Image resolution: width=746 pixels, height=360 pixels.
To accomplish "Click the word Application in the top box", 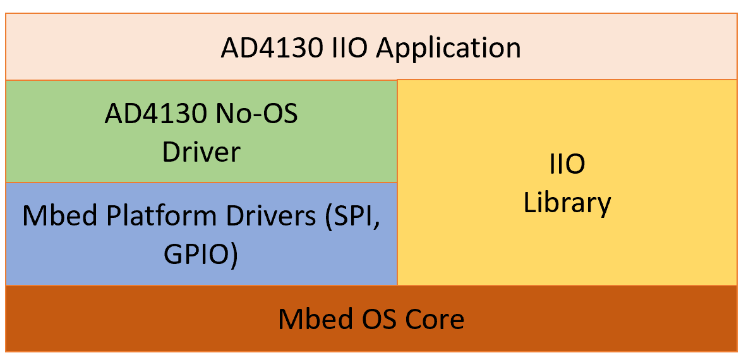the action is (448, 49).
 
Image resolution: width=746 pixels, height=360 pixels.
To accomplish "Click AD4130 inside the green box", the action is (152, 116).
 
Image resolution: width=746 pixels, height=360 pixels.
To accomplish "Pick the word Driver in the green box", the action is (202, 153).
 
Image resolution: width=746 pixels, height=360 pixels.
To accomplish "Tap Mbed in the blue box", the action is (63, 217).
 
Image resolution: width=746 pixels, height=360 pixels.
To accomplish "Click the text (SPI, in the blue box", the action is (352, 218).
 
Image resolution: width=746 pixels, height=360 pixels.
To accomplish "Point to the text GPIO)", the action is (200, 255).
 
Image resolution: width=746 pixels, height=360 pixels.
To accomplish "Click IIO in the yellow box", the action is (567, 165).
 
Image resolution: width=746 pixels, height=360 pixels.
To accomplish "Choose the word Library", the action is (567, 203).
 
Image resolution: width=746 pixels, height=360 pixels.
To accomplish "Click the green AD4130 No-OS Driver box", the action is (202, 132).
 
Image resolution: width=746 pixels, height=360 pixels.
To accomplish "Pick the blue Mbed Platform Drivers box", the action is (202, 234).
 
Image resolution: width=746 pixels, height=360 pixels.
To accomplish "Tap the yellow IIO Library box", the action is (567, 182).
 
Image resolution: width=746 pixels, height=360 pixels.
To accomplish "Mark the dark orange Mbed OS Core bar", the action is (371, 318).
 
